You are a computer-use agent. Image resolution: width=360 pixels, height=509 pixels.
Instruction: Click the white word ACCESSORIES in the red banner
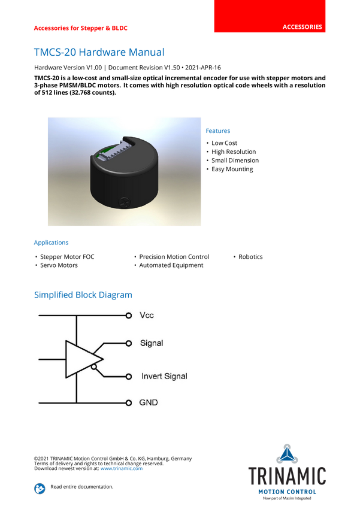click(x=302, y=27)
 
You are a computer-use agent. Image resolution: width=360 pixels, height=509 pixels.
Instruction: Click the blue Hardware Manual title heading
click(x=98, y=53)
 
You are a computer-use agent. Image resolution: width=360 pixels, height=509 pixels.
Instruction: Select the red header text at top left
click(x=80, y=28)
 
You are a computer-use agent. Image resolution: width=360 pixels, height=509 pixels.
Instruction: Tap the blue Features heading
click(x=218, y=131)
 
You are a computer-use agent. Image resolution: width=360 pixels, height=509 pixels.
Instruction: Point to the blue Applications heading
click(x=51, y=243)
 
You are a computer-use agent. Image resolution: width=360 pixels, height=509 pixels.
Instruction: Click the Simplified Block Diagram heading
click(x=83, y=295)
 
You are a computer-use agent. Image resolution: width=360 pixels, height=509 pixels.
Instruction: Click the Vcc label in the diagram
click(x=147, y=315)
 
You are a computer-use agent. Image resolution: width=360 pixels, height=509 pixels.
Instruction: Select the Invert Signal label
click(x=164, y=376)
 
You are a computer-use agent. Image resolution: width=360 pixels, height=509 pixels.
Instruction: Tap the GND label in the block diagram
click(x=149, y=402)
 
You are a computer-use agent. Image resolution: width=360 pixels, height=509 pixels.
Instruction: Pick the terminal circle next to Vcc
click(x=128, y=315)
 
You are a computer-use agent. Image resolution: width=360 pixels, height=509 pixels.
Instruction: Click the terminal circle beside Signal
click(x=128, y=343)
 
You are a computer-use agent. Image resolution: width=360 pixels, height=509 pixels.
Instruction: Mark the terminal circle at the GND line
click(x=128, y=402)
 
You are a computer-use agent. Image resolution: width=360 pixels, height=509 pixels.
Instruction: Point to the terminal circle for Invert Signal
click(x=128, y=377)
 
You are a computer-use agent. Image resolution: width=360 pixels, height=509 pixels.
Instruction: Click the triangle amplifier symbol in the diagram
click(x=81, y=359)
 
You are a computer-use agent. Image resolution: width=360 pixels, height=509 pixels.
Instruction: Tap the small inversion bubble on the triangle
click(x=95, y=369)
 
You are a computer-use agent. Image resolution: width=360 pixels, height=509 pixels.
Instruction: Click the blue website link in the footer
click(x=121, y=468)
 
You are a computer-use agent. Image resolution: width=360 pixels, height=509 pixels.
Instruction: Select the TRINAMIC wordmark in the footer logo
click(x=288, y=476)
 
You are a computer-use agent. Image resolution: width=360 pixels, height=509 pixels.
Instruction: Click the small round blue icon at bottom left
click(x=40, y=488)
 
